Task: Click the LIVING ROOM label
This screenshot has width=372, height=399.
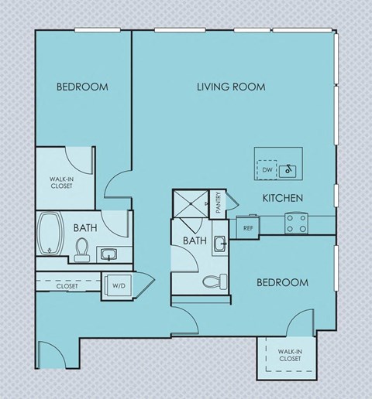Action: pyautogui.click(x=231, y=87)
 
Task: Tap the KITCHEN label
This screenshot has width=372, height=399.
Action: pyautogui.click(x=282, y=199)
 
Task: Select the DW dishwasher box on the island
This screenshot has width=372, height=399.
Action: pyautogui.click(x=267, y=169)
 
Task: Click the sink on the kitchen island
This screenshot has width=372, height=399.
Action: pyautogui.click(x=288, y=168)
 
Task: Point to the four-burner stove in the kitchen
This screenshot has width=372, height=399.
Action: pyautogui.click(x=295, y=223)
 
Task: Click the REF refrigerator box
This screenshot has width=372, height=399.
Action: pyautogui.click(x=248, y=228)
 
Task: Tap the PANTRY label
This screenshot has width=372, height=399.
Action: pyautogui.click(x=219, y=203)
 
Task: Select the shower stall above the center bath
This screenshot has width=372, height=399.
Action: pyautogui.click(x=191, y=204)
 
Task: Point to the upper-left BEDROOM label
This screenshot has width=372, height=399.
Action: pyautogui.click(x=82, y=87)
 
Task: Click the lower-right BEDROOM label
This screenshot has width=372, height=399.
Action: pyautogui.click(x=282, y=282)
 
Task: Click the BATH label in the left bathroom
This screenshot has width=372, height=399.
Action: pyautogui.click(x=84, y=228)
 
